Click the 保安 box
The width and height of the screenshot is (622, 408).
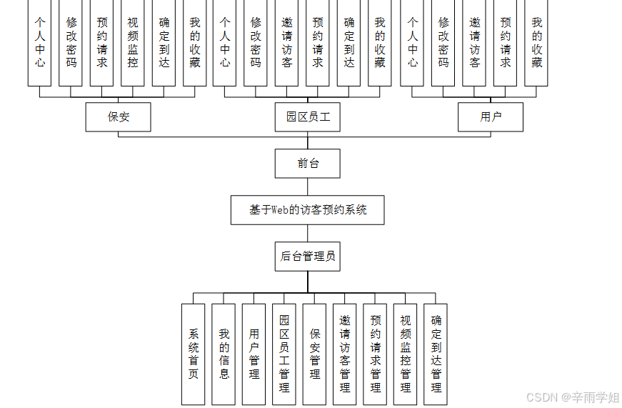(118, 117)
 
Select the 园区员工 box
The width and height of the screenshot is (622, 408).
(308, 117)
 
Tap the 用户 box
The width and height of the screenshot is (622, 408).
(491, 117)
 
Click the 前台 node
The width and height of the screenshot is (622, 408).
(308, 164)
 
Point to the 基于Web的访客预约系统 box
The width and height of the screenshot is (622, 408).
(308, 210)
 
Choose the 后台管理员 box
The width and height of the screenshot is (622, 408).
(308, 257)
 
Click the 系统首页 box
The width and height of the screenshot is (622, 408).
(194, 354)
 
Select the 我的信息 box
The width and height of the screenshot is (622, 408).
(224, 354)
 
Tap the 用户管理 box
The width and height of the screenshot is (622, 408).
(254, 354)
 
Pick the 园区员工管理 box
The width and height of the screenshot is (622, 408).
(284, 354)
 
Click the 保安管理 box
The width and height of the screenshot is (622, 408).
(315, 354)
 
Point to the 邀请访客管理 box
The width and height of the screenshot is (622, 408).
(345, 354)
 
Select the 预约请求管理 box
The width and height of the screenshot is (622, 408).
(376, 354)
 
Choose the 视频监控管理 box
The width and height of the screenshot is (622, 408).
(406, 354)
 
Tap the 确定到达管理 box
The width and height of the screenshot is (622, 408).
(436, 354)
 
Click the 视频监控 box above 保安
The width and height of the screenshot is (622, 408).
(133, 43)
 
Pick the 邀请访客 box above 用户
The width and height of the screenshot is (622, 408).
(475, 43)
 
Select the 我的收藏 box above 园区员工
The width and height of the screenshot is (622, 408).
(380, 43)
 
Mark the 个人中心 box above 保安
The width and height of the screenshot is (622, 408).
(40, 43)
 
